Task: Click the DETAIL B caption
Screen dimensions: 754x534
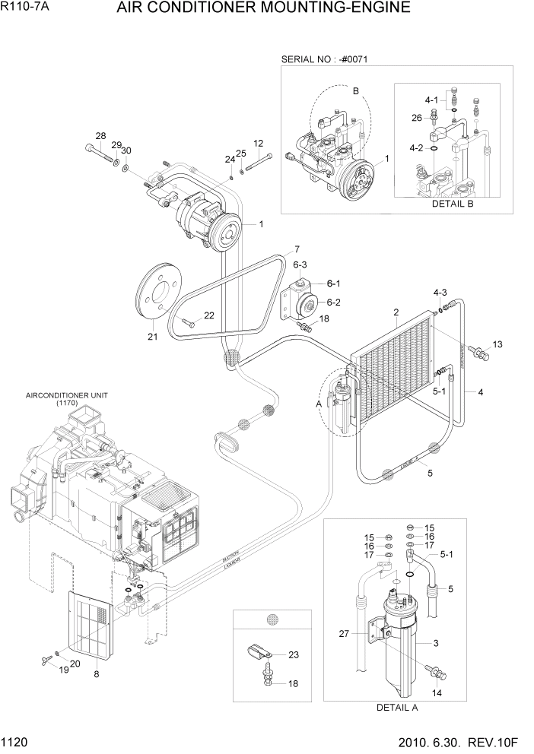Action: point(453,204)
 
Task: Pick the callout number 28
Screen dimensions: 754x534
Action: point(100,136)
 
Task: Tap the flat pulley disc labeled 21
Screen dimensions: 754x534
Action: point(157,292)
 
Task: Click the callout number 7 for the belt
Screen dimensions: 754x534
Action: point(297,249)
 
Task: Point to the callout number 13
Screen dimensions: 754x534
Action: point(497,344)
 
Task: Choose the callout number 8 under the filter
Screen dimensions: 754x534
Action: point(97,673)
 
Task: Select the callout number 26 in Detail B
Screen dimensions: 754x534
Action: point(416,117)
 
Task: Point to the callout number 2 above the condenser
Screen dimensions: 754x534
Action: point(396,312)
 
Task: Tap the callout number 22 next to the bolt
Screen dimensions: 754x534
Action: point(208,315)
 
